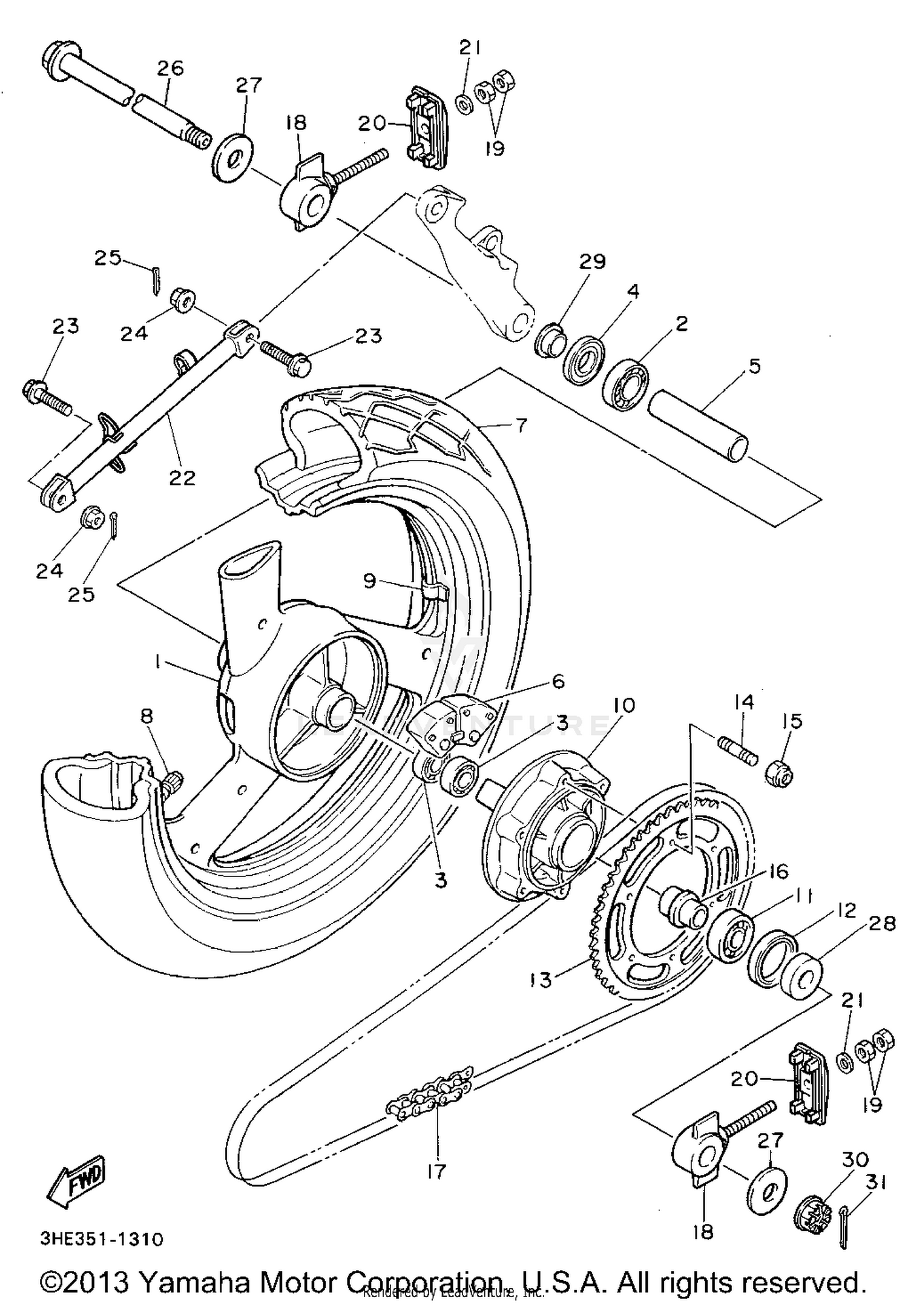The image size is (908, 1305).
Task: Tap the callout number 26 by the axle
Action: (x=170, y=68)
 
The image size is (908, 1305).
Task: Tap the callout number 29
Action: (x=592, y=261)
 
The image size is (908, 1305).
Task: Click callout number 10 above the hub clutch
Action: (x=623, y=705)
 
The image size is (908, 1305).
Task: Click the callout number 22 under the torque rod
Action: (x=182, y=478)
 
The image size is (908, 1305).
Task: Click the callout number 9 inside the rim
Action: (x=370, y=580)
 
